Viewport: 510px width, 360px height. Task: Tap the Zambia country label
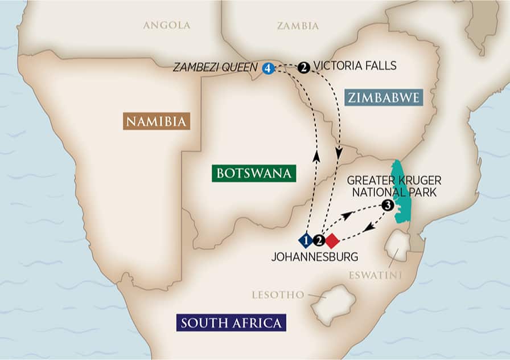[298, 26]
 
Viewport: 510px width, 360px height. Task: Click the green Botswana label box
[254, 173]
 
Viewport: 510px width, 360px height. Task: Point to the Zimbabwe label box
[384, 97]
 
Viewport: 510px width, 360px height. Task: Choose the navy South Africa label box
[231, 324]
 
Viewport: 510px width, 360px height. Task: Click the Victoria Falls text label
[355, 67]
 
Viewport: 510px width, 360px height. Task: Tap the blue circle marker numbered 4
[268, 68]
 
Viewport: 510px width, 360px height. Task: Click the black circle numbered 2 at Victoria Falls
[304, 67]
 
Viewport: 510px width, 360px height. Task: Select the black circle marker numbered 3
[387, 206]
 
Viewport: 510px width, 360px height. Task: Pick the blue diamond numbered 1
[306, 240]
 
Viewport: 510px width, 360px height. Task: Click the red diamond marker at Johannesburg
[332, 240]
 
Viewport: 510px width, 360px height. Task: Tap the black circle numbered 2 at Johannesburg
[319, 240]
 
